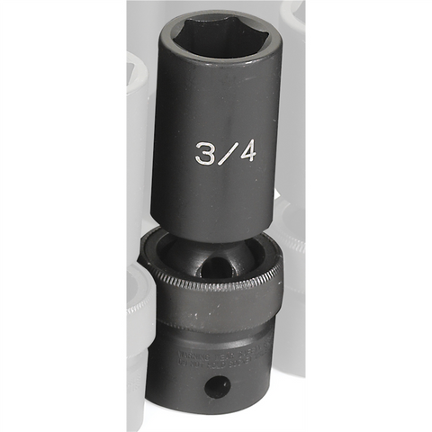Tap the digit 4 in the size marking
coord(243,153)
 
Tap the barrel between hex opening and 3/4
coord(216,108)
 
